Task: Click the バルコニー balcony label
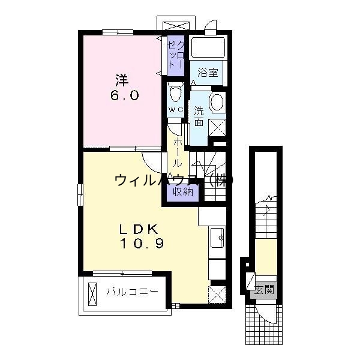tap(132, 292)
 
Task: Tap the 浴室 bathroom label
tap(208, 73)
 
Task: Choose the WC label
tap(175, 110)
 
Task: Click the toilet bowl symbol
tap(176, 94)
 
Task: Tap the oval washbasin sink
tap(217, 102)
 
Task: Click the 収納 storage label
tap(183, 192)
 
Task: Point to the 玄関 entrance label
tap(264, 290)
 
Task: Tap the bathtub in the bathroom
tap(208, 47)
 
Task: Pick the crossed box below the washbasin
tap(217, 127)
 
